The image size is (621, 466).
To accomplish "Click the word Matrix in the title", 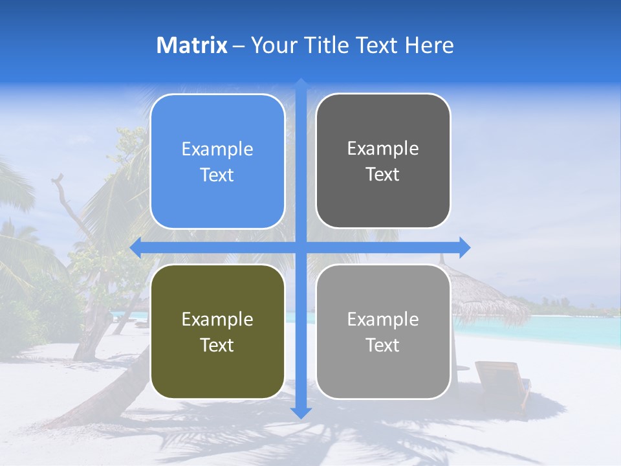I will coord(191,45).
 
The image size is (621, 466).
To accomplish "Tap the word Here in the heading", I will coord(429,45).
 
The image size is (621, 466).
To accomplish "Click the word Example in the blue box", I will coord(217,150).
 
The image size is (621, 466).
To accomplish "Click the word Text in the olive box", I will coord(217,345).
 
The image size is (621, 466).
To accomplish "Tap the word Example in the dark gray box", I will coord(383,149).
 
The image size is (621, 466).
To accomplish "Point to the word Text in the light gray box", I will coord(383,345).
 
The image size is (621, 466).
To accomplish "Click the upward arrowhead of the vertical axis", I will coord(301,83).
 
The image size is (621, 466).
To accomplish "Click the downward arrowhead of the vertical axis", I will coord(301,413).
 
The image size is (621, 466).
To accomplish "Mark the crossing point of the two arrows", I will coord(301,248).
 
